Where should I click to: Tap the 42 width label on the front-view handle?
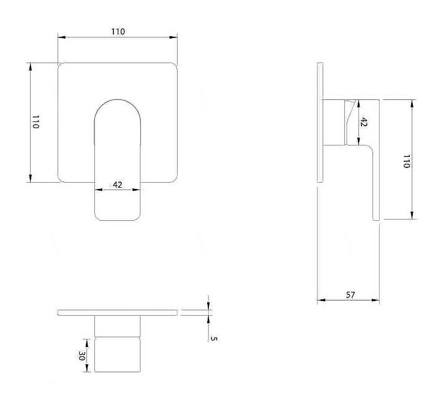coord(118,185)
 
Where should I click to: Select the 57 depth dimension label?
coord(350,295)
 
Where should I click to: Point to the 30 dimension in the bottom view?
coord(81,356)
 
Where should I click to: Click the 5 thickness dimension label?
coord(214,339)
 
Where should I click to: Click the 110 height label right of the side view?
coord(406,161)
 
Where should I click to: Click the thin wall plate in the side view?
coord(320,123)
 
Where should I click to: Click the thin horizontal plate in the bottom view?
coord(118,313)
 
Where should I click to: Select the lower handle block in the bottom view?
coord(118,354)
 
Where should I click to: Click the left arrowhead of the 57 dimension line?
coord(321,300)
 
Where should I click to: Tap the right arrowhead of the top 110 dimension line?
coord(173,37)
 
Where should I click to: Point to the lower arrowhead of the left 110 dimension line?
coord(31,178)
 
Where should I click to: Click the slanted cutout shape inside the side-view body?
coord(349,123)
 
